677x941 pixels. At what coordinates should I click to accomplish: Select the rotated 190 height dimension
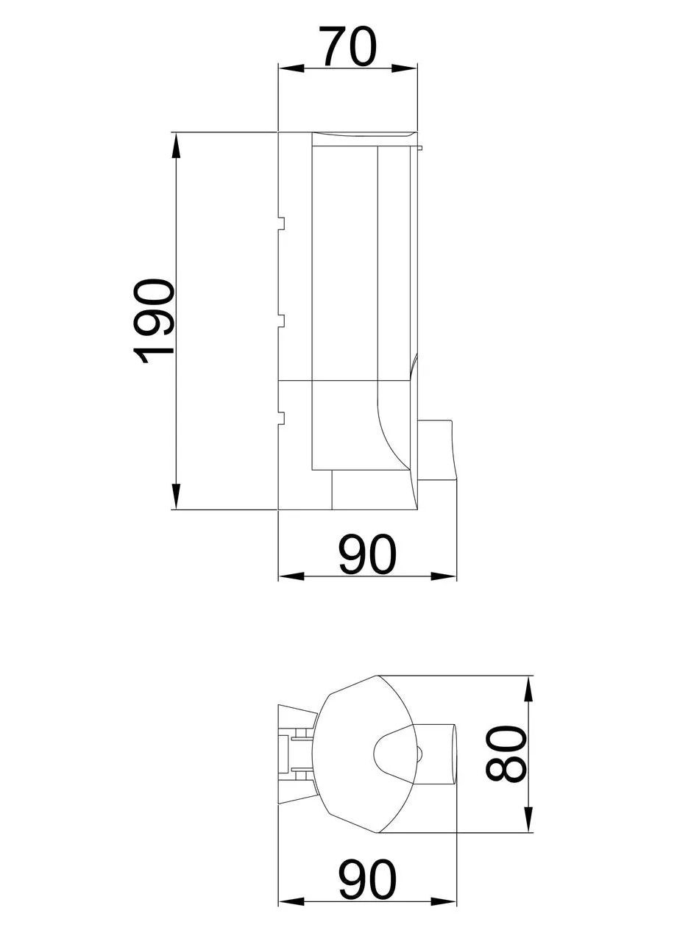point(155,321)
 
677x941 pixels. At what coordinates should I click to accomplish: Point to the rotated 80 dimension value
point(507,754)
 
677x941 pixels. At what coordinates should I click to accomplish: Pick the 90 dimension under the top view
point(367,880)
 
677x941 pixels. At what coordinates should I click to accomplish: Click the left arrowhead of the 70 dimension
point(291,68)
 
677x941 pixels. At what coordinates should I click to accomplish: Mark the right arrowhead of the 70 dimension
point(404,68)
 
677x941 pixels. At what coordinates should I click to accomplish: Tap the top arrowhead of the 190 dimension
point(175,146)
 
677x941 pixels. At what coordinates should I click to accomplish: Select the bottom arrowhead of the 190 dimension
point(175,495)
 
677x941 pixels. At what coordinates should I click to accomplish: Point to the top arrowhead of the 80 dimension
point(528,690)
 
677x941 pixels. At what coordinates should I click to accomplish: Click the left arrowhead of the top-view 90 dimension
point(291,901)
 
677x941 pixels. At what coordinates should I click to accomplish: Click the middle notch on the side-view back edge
point(282,320)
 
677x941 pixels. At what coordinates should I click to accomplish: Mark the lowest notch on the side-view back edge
point(282,418)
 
